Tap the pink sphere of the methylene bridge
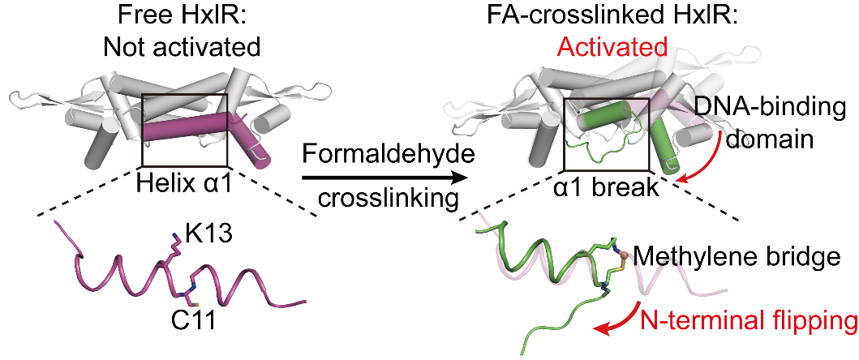tap(626, 255)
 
